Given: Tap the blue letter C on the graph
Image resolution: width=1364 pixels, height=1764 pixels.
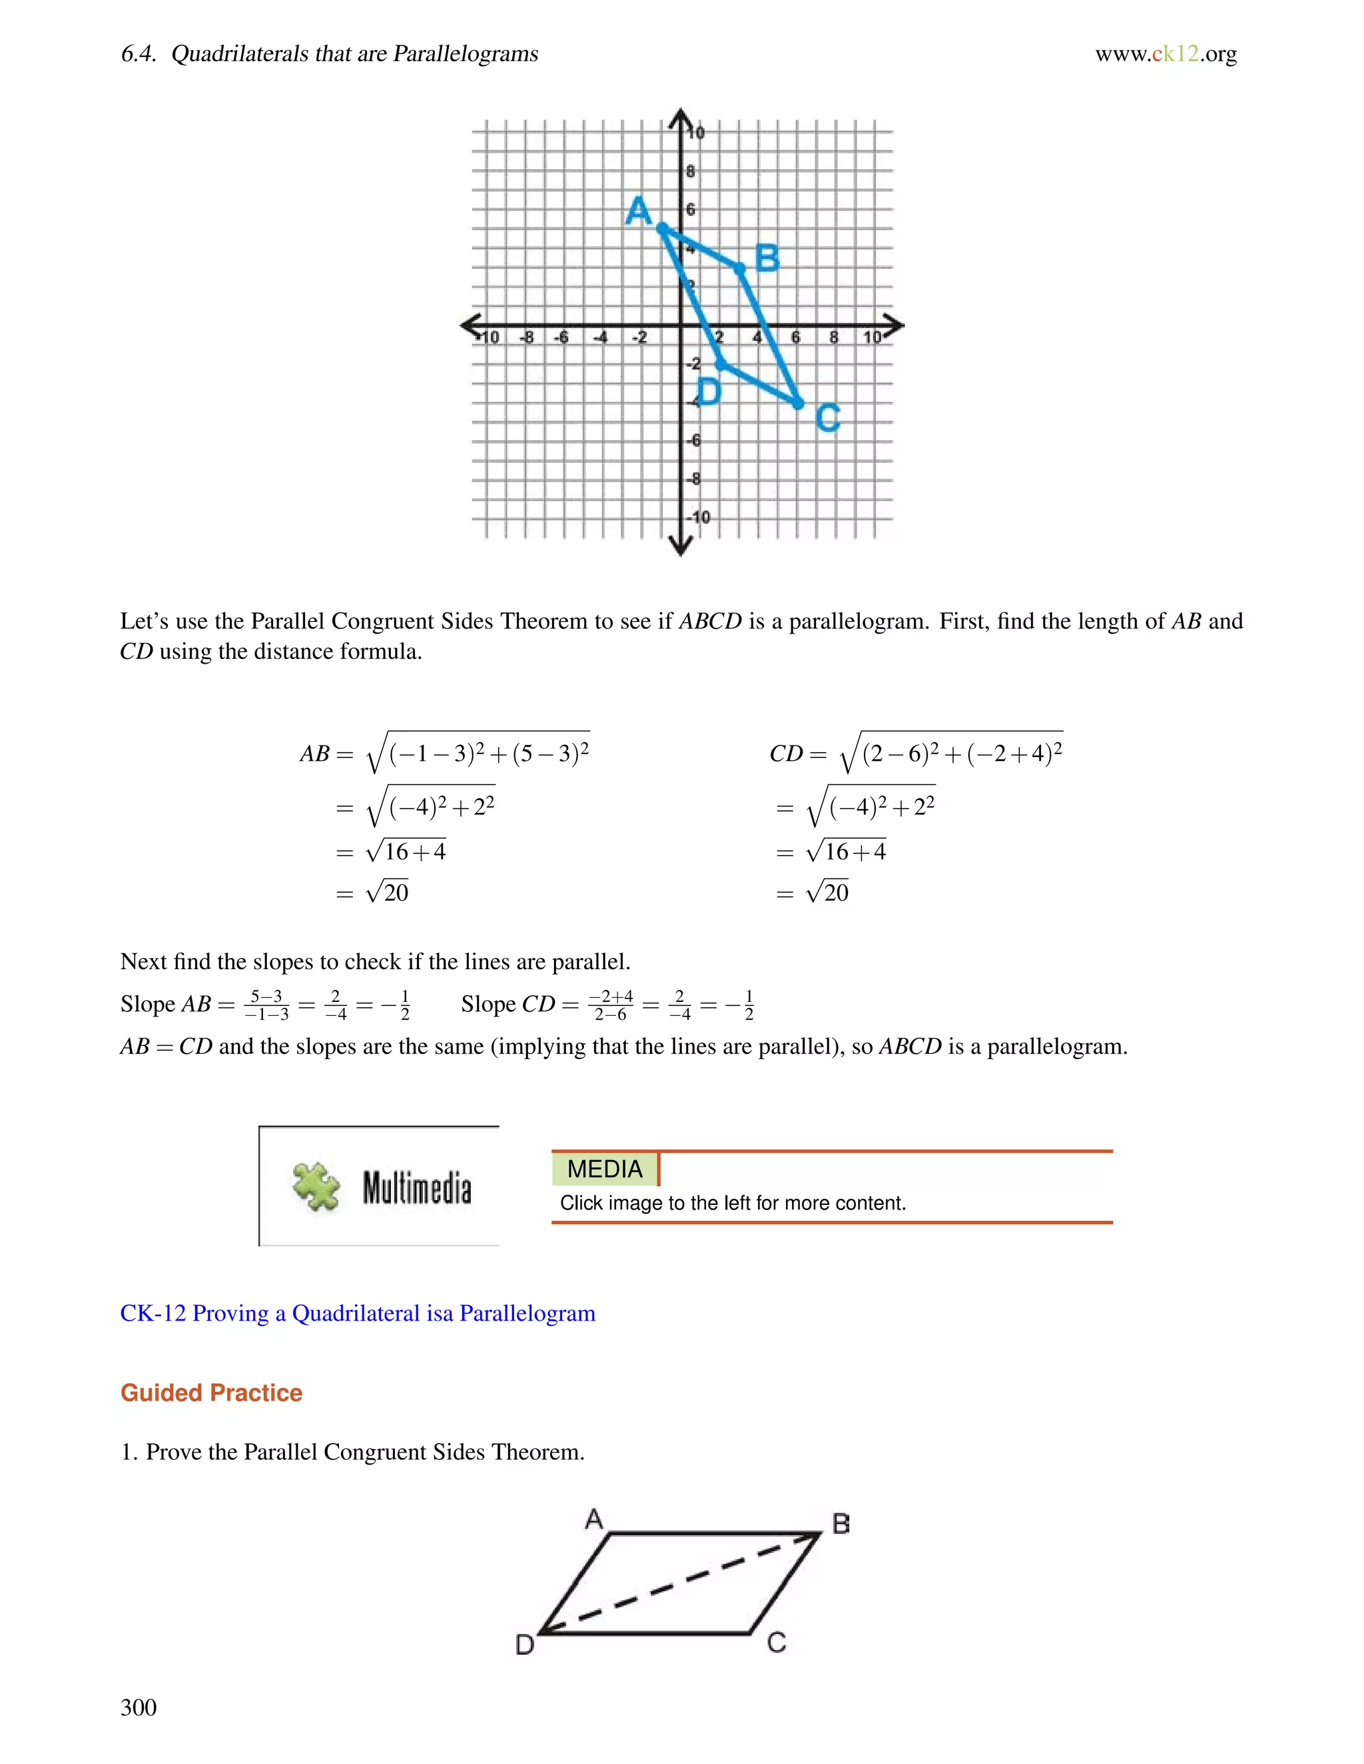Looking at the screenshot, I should click(827, 417).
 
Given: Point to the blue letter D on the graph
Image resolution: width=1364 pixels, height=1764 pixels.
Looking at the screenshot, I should click(708, 391).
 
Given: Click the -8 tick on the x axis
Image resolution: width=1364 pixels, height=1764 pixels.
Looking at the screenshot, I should click(526, 337).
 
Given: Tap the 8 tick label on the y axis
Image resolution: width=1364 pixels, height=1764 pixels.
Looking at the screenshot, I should click(690, 171).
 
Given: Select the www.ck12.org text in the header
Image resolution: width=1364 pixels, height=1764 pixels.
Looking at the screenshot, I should click(1166, 54).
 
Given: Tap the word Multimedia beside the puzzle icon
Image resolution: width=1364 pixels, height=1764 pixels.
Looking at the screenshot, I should click(416, 1188).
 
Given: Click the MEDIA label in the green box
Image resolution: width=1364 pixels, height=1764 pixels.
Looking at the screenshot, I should click(605, 1169).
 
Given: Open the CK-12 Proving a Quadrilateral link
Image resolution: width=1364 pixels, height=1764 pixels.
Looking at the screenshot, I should click(357, 1313).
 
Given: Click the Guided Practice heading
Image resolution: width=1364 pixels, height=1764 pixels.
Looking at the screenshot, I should click(211, 1393).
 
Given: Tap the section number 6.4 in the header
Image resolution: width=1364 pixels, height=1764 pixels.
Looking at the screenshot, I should click(138, 54).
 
